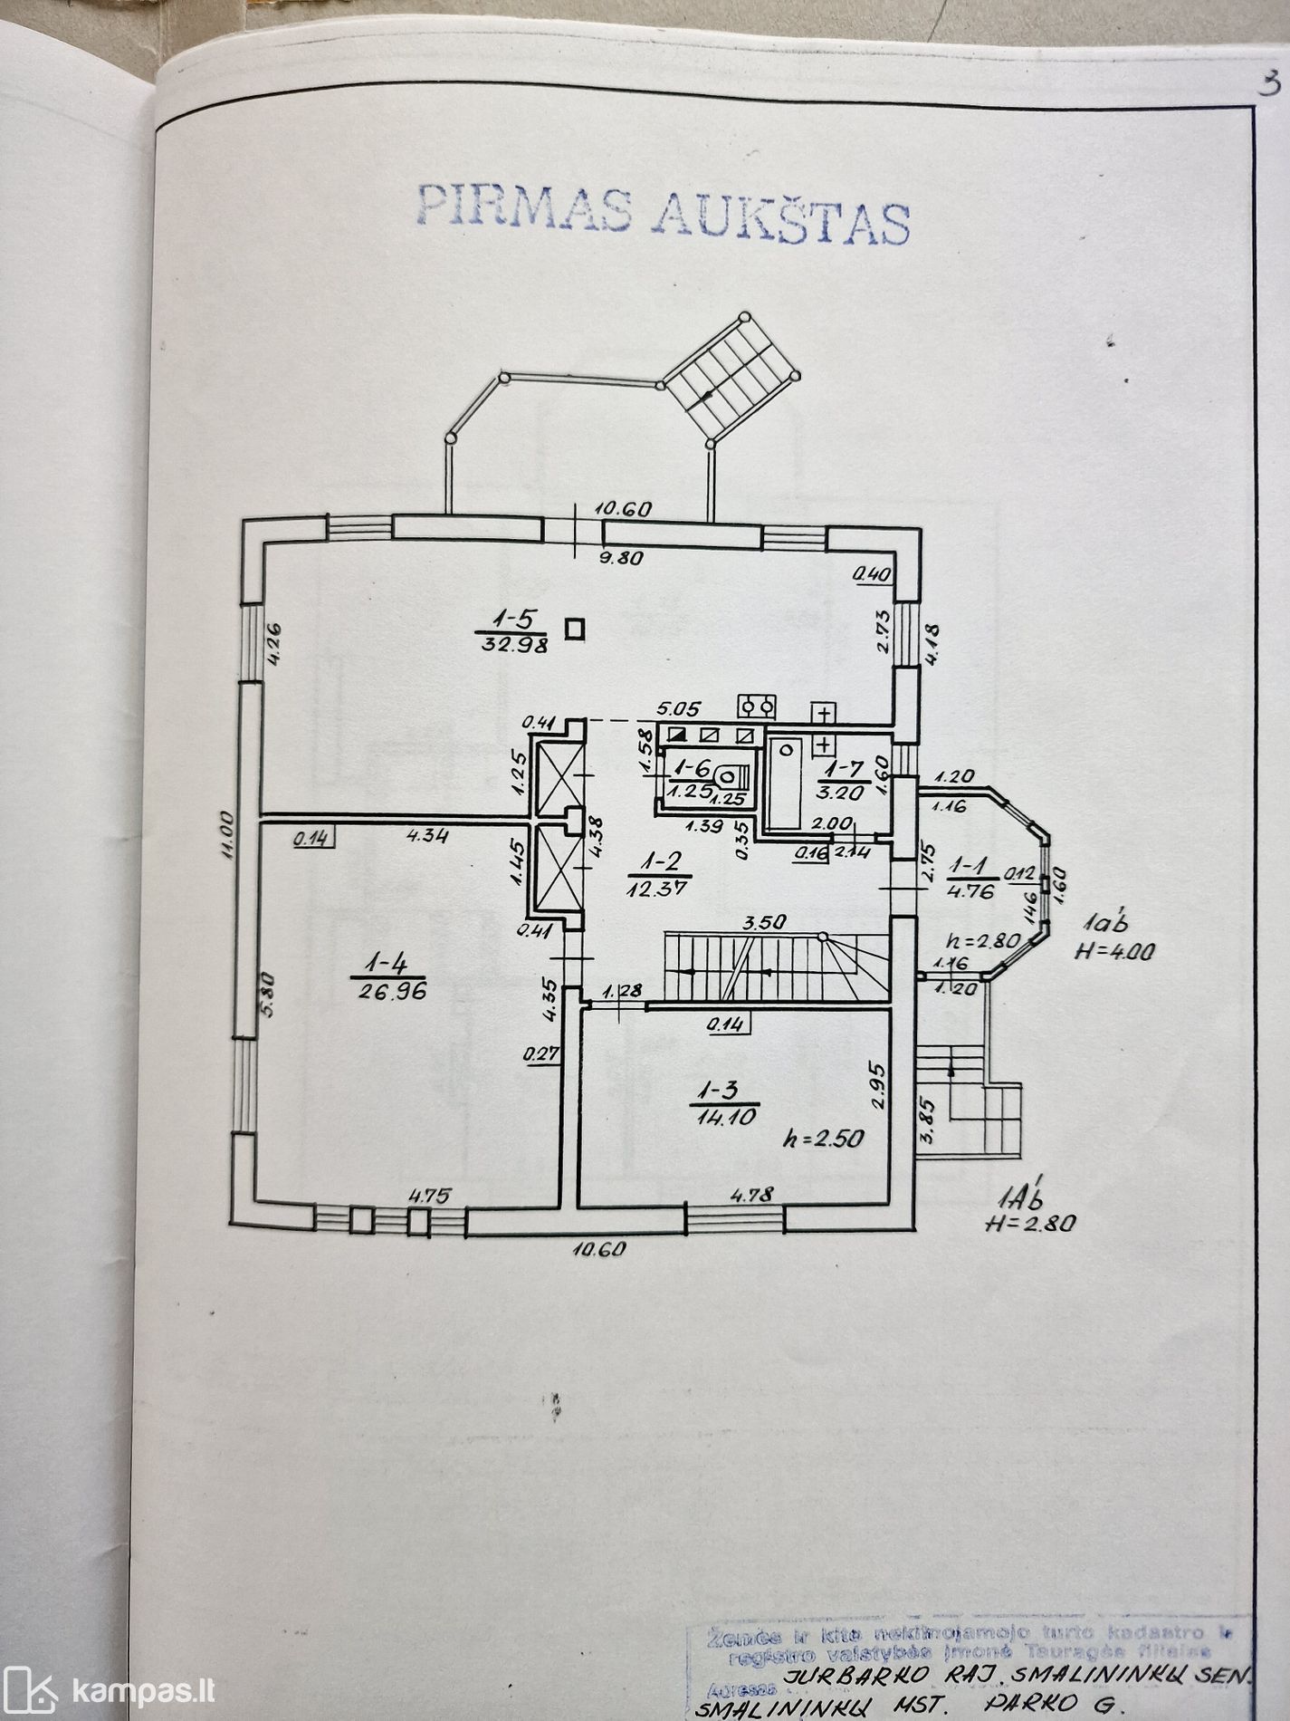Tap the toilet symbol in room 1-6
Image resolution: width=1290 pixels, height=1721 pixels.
(731, 776)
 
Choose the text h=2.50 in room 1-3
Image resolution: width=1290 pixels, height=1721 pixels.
(821, 1139)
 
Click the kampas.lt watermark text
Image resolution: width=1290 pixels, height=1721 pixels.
(145, 1688)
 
